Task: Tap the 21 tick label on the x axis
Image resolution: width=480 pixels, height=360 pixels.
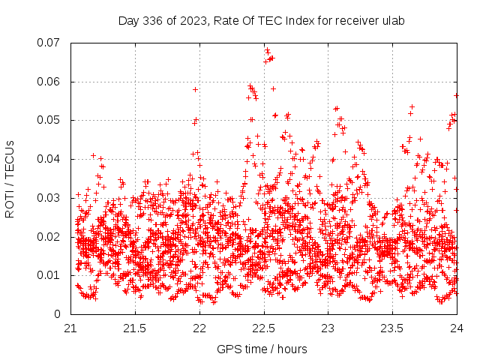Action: coord(71,328)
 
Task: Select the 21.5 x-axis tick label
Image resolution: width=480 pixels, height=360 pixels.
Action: coord(136,328)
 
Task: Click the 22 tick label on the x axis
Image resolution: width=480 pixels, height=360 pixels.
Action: coord(200,328)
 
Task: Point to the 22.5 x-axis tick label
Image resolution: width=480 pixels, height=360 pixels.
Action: coord(264,328)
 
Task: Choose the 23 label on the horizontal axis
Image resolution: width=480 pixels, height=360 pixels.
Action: coord(328,328)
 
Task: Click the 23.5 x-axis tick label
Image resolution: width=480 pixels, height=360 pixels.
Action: coord(393,328)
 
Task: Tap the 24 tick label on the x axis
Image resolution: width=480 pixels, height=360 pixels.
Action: coord(457,328)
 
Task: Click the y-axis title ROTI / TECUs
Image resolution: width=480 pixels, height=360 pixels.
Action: coord(10,178)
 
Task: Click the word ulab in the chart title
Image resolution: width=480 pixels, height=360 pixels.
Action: coord(393,21)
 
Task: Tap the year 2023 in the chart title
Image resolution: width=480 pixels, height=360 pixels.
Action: coord(191,21)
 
